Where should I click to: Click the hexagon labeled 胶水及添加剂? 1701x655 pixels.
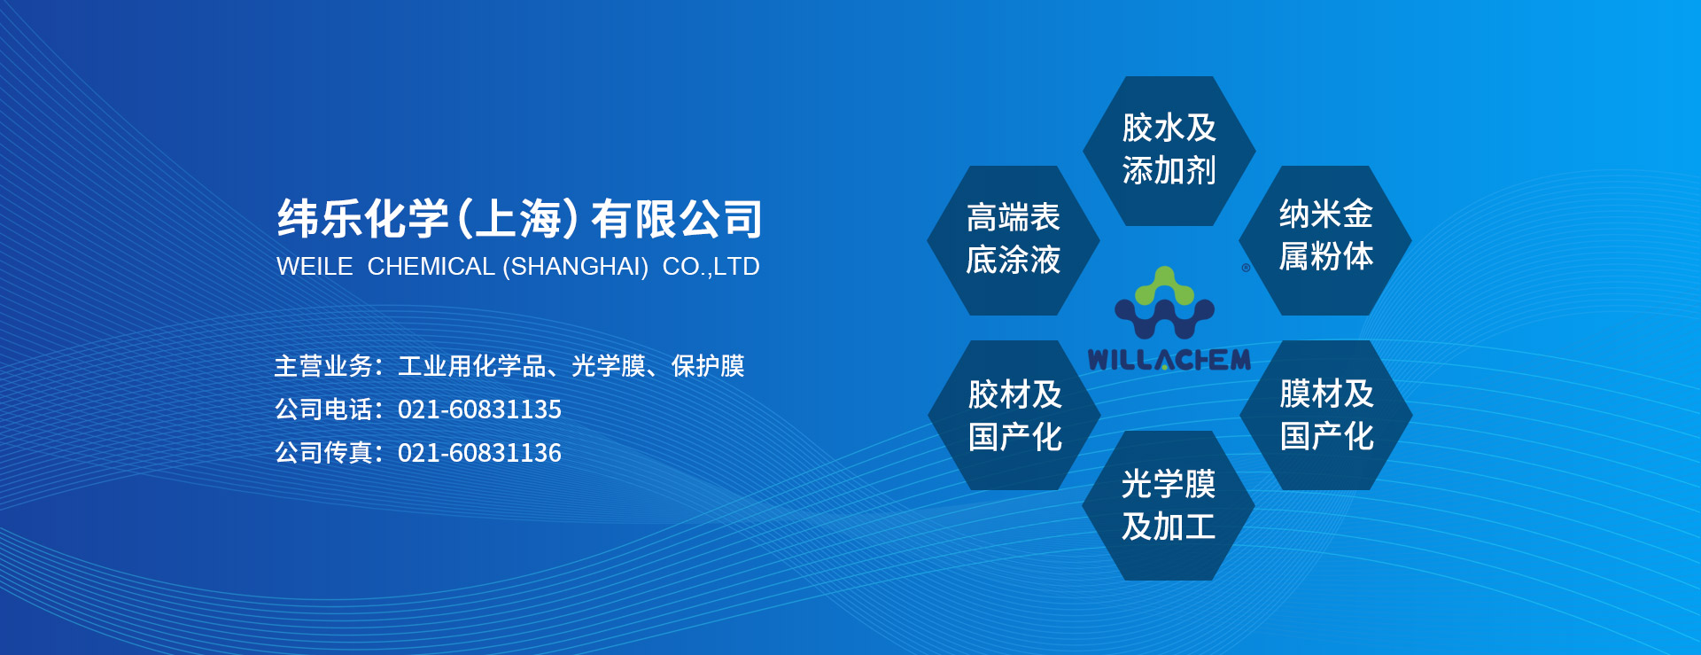coord(1169,151)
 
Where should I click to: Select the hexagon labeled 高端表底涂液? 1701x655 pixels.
coord(1014,240)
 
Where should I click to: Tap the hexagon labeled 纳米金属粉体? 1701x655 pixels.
coord(1325,240)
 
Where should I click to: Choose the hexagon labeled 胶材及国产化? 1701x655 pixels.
coord(1014,415)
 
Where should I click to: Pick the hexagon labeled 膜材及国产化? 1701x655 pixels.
coord(1326,415)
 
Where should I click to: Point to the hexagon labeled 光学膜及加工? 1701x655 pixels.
coord(1169,505)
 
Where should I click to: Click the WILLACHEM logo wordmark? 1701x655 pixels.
coord(1169,359)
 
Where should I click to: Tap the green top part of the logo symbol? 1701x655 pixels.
coord(1165,285)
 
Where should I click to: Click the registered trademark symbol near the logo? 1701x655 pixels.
coord(1246,268)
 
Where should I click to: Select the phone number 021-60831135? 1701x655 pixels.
coord(479,409)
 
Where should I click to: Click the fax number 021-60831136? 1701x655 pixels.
coord(479,453)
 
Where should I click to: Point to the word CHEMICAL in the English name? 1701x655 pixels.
coord(431,266)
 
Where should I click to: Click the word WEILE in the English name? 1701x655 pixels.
coord(315,266)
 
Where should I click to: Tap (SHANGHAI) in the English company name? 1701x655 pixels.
coord(576,267)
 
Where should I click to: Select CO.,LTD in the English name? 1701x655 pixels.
coord(711,267)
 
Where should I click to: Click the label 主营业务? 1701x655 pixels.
coord(323,366)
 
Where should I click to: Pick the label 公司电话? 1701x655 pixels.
coord(323,409)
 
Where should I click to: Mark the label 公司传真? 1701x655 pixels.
coord(323,453)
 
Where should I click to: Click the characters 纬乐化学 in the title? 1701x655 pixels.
coord(363,219)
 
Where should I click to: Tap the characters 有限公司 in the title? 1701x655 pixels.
coord(677,219)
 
